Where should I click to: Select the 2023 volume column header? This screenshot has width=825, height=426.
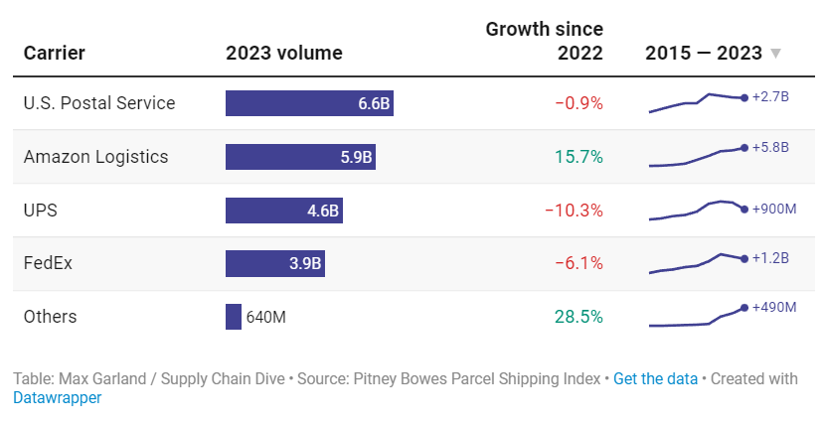click(284, 54)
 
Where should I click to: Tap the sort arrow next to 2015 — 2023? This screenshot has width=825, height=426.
click(776, 54)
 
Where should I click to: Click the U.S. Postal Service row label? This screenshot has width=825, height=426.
click(99, 103)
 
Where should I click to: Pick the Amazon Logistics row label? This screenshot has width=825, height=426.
click(95, 157)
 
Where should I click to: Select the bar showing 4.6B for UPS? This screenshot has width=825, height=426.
click(284, 211)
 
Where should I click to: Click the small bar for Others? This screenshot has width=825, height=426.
click(234, 317)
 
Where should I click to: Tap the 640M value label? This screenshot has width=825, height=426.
click(266, 317)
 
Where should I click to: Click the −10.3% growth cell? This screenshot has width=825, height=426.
click(574, 211)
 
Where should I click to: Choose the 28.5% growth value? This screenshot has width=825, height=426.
click(578, 317)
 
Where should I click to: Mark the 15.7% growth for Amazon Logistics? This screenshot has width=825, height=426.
click(578, 157)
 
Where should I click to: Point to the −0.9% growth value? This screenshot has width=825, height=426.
click(578, 103)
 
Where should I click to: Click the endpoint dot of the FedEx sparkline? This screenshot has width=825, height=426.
click(744, 259)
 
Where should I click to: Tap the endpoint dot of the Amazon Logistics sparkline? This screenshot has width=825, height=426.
click(744, 148)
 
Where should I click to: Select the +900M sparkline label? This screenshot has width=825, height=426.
click(775, 209)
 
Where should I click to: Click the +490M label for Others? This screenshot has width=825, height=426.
click(775, 307)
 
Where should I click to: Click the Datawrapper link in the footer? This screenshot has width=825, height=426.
click(58, 398)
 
